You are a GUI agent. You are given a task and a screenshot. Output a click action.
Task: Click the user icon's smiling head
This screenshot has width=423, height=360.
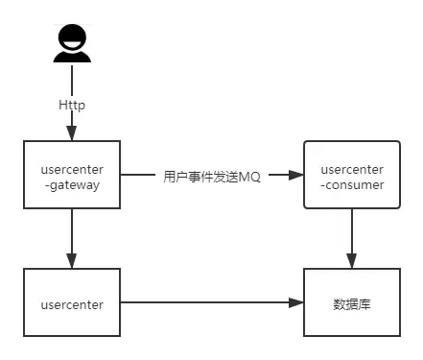tap(72, 37)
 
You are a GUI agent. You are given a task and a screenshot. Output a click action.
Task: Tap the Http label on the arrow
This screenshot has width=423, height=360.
tap(72, 105)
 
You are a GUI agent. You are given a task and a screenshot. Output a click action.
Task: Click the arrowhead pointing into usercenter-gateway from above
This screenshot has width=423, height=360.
tap(72, 132)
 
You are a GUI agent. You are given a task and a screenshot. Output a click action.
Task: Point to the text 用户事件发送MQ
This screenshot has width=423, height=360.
tap(212, 177)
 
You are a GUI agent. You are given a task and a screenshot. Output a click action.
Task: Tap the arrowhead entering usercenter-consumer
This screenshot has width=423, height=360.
tap(295, 175)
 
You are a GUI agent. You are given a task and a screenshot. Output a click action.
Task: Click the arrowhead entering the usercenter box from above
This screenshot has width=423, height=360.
tap(72, 261)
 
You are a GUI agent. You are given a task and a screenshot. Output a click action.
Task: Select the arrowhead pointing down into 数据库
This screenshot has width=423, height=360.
tap(352, 261)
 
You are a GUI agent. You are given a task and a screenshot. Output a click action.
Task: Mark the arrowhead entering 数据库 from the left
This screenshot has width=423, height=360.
tap(295, 302)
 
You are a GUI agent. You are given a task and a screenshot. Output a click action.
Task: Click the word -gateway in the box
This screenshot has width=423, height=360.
tap(72, 185)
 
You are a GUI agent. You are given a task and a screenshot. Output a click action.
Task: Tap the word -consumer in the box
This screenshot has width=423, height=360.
tap(352, 185)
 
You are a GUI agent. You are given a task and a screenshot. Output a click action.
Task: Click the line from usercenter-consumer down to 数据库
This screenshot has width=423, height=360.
tap(352, 239)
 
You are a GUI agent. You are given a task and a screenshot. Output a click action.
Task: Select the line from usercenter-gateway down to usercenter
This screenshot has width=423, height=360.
tap(72, 239)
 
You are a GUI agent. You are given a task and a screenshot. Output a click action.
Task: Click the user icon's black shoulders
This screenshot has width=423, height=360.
tap(72, 57)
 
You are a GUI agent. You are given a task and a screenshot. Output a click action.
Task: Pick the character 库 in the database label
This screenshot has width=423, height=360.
tap(364, 304)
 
